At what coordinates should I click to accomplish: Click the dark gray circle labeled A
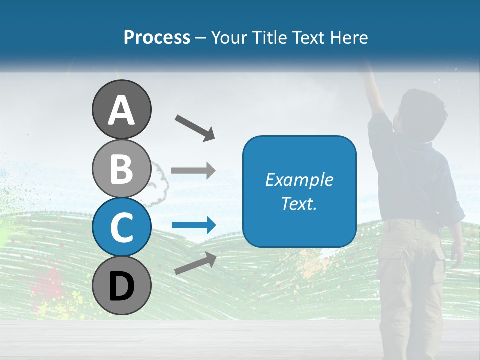pos(121,109)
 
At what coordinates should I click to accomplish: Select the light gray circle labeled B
pos(121,168)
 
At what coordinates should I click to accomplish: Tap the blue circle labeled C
pos(121,227)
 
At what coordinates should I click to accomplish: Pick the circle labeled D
pos(121,285)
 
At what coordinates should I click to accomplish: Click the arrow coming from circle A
pos(195,127)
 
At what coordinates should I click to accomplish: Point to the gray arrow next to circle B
pos(193,171)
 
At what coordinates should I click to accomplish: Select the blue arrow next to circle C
pos(193,225)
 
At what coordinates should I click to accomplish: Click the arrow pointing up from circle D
pos(195,263)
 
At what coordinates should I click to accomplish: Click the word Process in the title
pos(157,38)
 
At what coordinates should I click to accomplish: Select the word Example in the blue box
pos(299,180)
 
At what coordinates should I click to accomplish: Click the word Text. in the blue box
pos(299,203)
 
